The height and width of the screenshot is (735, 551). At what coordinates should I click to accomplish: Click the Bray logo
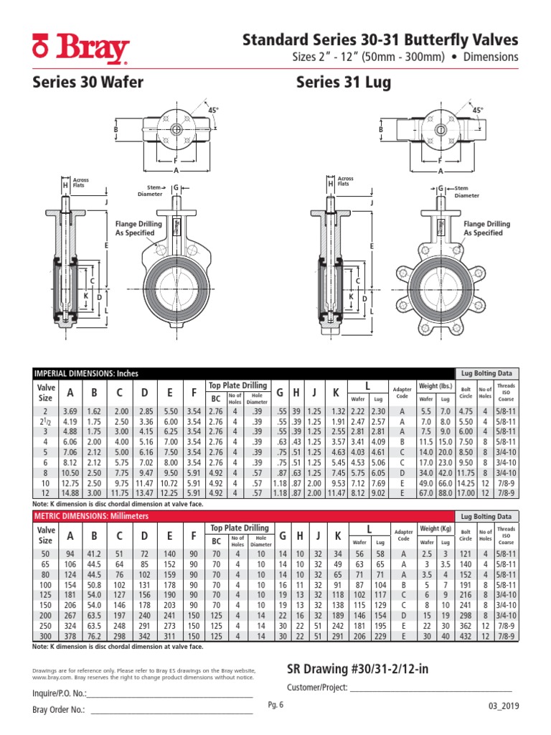[81, 49]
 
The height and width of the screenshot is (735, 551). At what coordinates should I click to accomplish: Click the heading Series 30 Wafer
[88, 83]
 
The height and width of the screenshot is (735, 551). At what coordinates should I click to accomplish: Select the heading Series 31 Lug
[344, 83]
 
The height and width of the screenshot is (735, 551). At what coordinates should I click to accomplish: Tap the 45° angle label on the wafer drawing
[213, 109]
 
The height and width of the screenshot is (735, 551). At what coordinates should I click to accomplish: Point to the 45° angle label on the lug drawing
[477, 110]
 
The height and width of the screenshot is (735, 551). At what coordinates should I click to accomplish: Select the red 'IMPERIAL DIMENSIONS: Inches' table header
[87, 373]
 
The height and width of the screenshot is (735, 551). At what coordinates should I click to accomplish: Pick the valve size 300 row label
[46, 636]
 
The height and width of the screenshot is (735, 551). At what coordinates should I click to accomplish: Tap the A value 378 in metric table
[70, 636]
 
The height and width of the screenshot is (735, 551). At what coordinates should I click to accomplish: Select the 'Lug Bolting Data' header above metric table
[487, 516]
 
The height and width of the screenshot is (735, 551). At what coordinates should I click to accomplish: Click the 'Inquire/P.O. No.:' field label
[60, 693]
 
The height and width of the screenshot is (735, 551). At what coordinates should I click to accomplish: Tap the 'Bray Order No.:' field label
[59, 710]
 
